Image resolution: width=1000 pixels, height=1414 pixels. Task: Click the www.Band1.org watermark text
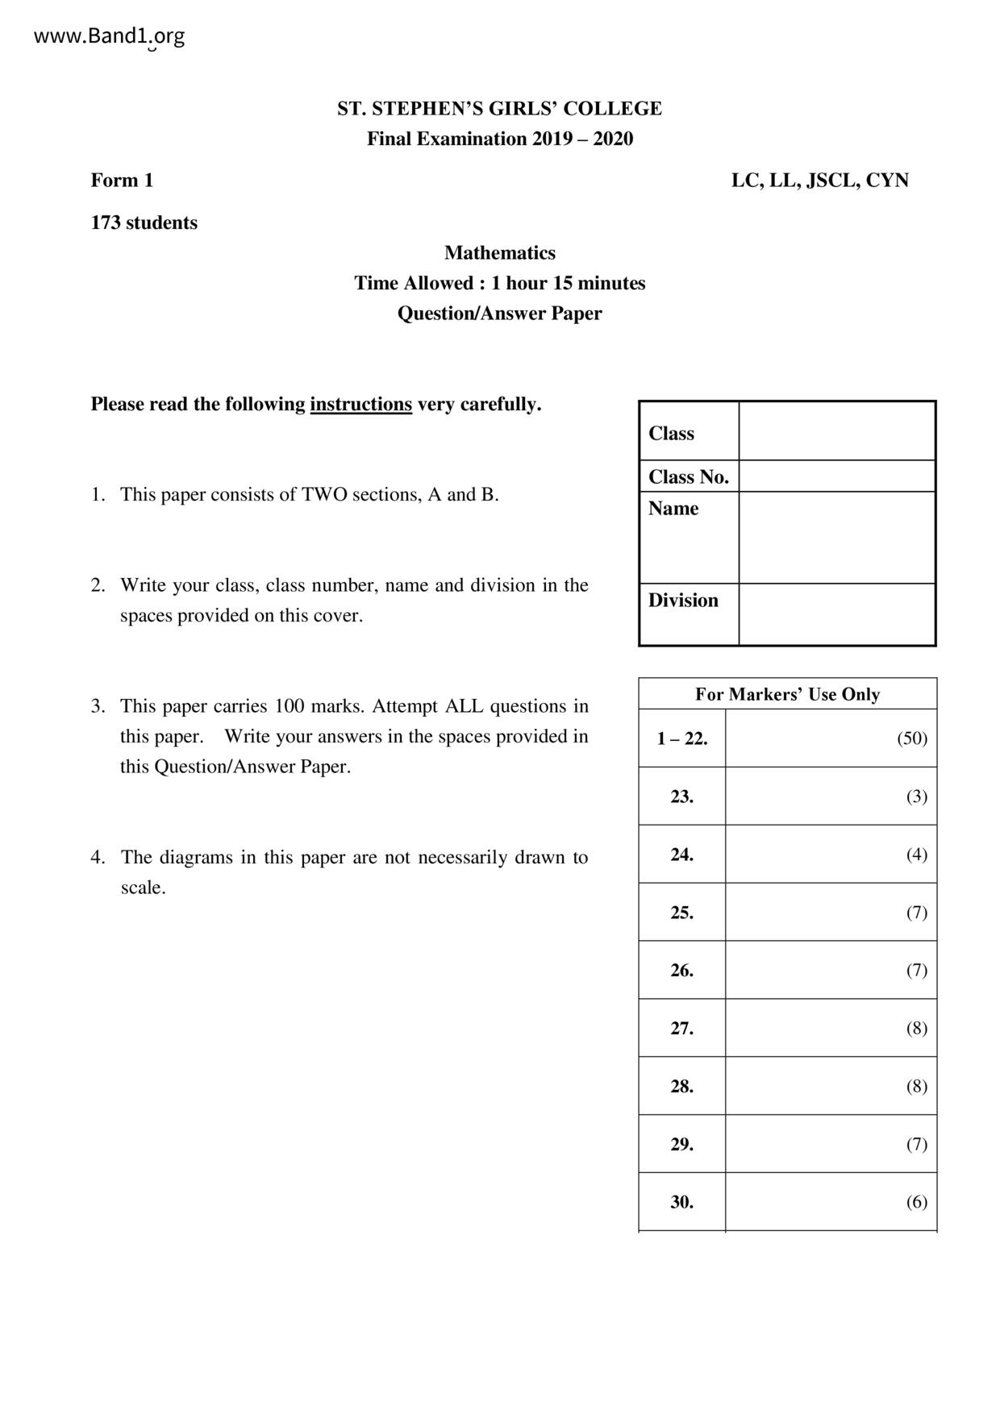tap(109, 36)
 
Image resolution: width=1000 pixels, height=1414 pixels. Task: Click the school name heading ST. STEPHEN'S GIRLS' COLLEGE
tap(499, 109)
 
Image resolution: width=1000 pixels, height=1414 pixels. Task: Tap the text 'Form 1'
tap(122, 181)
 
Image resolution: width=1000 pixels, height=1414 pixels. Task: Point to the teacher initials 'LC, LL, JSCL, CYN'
tap(819, 181)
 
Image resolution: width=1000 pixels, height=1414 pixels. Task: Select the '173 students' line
tap(144, 223)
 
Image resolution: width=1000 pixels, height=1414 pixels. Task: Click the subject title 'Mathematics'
tap(499, 253)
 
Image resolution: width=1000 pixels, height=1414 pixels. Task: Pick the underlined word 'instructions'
tap(360, 404)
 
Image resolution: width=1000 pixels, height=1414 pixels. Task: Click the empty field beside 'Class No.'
tap(836, 476)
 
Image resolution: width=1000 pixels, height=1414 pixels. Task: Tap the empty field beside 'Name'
tap(836, 537)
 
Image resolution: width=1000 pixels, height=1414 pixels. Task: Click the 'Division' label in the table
tap(683, 601)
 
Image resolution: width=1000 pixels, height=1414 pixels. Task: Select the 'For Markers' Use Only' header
tap(787, 694)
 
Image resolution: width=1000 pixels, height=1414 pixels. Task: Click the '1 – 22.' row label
tap(682, 738)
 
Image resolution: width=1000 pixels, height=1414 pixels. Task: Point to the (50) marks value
tap(912, 738)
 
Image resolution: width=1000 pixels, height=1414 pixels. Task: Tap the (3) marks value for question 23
tap(916, 796)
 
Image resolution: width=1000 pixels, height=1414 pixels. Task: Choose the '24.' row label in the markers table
tap(682, 855)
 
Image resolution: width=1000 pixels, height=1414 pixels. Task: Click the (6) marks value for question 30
tap(916, 1203)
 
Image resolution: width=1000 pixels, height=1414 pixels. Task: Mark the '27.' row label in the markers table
tap(682, 1029)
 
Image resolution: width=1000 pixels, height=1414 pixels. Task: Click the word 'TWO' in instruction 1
tap(323, 495)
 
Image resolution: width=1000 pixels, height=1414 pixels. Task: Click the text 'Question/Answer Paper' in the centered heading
tap(499, 314)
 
